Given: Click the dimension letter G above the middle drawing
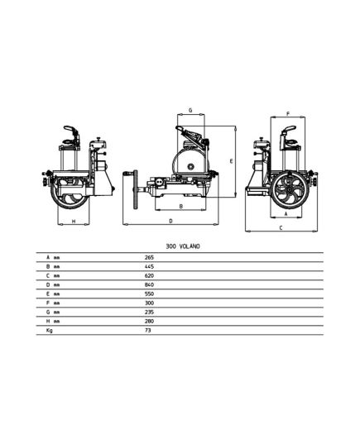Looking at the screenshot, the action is [190, 110].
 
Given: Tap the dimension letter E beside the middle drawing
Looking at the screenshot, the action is [231, 161].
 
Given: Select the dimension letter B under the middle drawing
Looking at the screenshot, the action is [181, 207].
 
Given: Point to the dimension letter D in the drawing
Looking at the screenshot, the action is [170, 221].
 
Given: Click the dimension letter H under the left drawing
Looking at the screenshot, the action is [74, 222].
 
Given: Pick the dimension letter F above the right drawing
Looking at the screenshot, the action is [288, 114].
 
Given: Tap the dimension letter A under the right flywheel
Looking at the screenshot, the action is [286, 214].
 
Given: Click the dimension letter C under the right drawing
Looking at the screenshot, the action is [281, 227].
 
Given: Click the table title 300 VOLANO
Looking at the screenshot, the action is [183, 246].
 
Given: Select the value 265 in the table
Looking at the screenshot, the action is [149, 257].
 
